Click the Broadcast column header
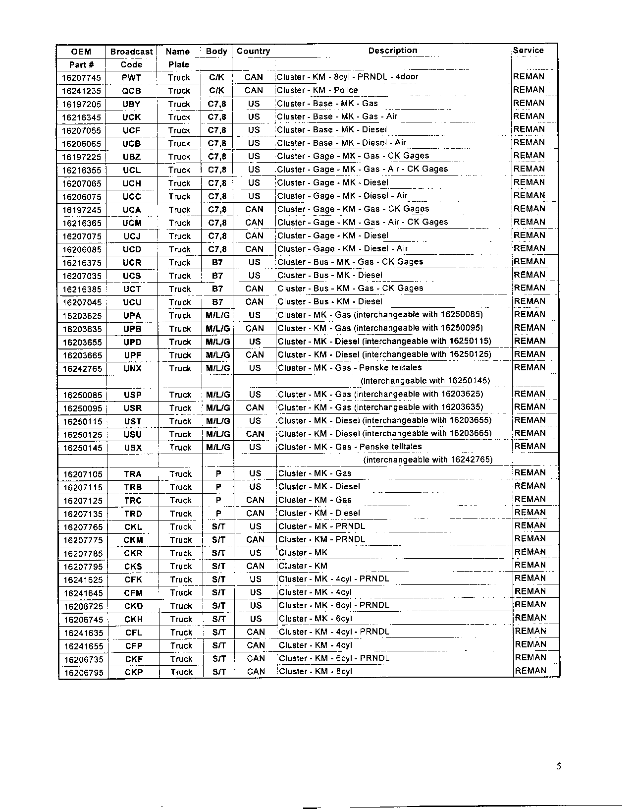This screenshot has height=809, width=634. pyautogui.click(x=131, y=52)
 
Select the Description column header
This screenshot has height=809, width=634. pyautogui.click(x=392, y=51)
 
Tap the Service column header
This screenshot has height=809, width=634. pyautogui.click(x=528, y=51)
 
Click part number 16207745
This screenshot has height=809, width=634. pyautogui.click(x=82, y=78)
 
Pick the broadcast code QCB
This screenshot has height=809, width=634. pyautogui.click(x=131, y=91)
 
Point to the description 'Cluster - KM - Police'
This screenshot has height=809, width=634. pyautogui.click(x=317, y=90)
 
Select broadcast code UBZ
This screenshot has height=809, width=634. pyautogui.click(x=132, y=157)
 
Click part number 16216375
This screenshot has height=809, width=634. pyautogui.click(x=82, y=263)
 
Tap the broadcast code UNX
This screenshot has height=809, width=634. pyautogui.click(x=132, y=368)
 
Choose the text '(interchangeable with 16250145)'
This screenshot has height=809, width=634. pyautogui.click(x=425, y=381)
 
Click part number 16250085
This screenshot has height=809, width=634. pyautogui.click(x=83, y=395)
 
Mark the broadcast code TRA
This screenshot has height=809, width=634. pyautogui.click(x=133, y=474)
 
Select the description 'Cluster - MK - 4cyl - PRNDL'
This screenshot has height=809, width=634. pyautogui.click(x=334, y=579)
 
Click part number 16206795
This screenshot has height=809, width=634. pyautogui.click(x=84, y=673)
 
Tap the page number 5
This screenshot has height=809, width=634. pyautogui.click(x=559, y=767)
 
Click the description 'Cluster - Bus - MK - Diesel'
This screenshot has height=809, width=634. pyautogui.click(x=330, y=275)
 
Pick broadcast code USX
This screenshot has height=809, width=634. pyautogui.click(x=133, y=448)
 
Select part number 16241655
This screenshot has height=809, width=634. pyautogui.click(x=84, y=646)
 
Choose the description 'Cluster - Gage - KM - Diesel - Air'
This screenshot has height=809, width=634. pyautogui.click(x=343, y=249)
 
